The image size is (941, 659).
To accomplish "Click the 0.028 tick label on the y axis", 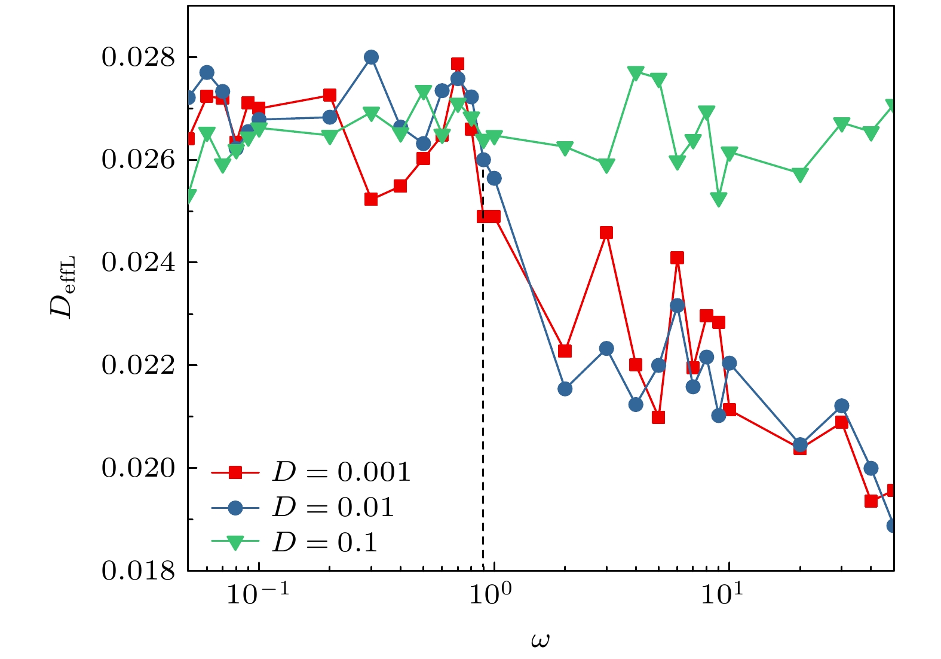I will coord(138,57).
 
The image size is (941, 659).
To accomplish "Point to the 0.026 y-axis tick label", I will coord(138,160).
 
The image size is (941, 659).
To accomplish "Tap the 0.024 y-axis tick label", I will coord(138,263).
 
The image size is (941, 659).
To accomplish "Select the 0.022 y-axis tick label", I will coord(138,365).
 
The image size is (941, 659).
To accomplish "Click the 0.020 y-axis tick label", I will coord(138,468).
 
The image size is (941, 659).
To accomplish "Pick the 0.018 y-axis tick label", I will coord(138,570).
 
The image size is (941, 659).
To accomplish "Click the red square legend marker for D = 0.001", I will coord(235,472).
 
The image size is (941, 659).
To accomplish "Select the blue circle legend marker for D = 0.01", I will coord(235,508).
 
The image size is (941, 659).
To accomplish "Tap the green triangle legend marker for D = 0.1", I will coord(235,542).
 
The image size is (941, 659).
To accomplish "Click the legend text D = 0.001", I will coord(341,472).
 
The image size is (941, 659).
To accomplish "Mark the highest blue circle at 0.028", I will coord(371,57).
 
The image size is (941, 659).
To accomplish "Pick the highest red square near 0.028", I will coord(458,64).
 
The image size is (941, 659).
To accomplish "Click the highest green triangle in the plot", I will coord(636,73).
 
